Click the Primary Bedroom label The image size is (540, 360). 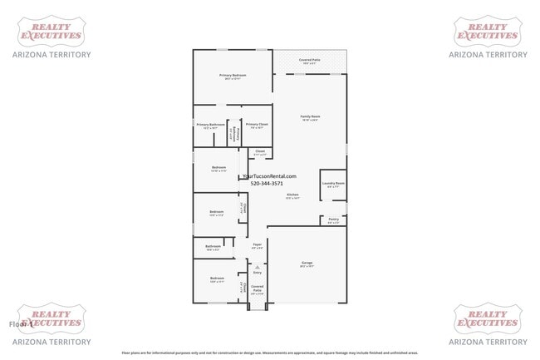[x=233, y=76]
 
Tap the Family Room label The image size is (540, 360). [x=310, y=117]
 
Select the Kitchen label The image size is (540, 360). [x=292, y=196]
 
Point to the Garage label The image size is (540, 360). [x=307, y=263]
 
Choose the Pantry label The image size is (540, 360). [x=333, y=220]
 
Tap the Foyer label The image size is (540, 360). [x=258, y=245]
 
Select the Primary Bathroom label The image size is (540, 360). [x=210, y=126]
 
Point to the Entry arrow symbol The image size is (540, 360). [x=257, y=266]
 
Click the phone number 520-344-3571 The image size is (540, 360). [x=267, y=184]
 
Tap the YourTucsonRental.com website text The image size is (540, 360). [x=267, y=175]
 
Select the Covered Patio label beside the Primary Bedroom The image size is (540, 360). [x=310, y=61]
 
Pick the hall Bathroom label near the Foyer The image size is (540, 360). [x=213, y=247]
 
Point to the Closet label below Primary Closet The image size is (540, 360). [x=260, y=152]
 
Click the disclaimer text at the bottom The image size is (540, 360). [x=269, y=353]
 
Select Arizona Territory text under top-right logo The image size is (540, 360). [x=488, y=55]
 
